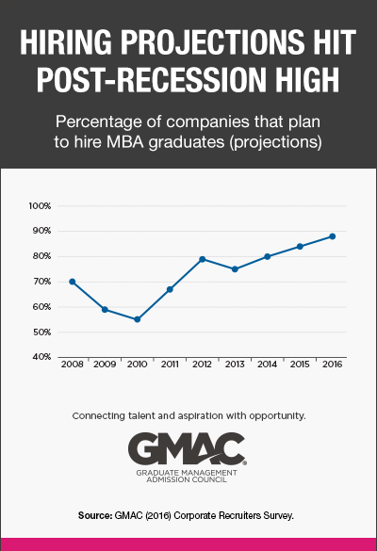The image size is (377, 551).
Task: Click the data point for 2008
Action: [x=72, y=282]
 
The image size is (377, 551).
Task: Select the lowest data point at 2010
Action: [x=137, y=319]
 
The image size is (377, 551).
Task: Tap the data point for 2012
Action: [x=202, y=259]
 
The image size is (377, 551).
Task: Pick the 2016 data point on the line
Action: [x=332, y=236]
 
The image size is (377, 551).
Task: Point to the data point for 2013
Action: [x=235, y=269]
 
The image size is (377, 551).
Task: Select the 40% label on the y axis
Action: [x=41, y=357]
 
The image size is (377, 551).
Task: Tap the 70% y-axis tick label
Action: [x=41, y=282]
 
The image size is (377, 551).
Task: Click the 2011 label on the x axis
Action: [x=170, y=364]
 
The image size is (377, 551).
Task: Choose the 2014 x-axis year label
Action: [x=267, y=364]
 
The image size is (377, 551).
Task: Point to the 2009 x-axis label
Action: [x=105, y=364]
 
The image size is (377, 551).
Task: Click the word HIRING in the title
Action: [x=68, y=43]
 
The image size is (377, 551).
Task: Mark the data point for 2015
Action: [x=300, y=247]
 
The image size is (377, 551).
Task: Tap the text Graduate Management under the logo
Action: [x=188, y=473]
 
